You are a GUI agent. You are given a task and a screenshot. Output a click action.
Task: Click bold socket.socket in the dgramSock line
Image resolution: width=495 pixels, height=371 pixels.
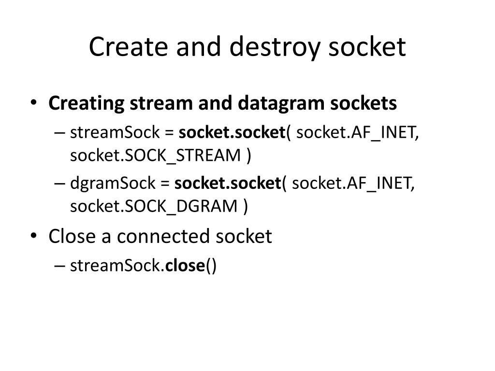click(228, 183)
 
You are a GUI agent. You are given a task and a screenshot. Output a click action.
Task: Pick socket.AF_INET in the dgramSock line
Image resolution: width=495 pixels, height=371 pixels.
click(353, 183)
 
